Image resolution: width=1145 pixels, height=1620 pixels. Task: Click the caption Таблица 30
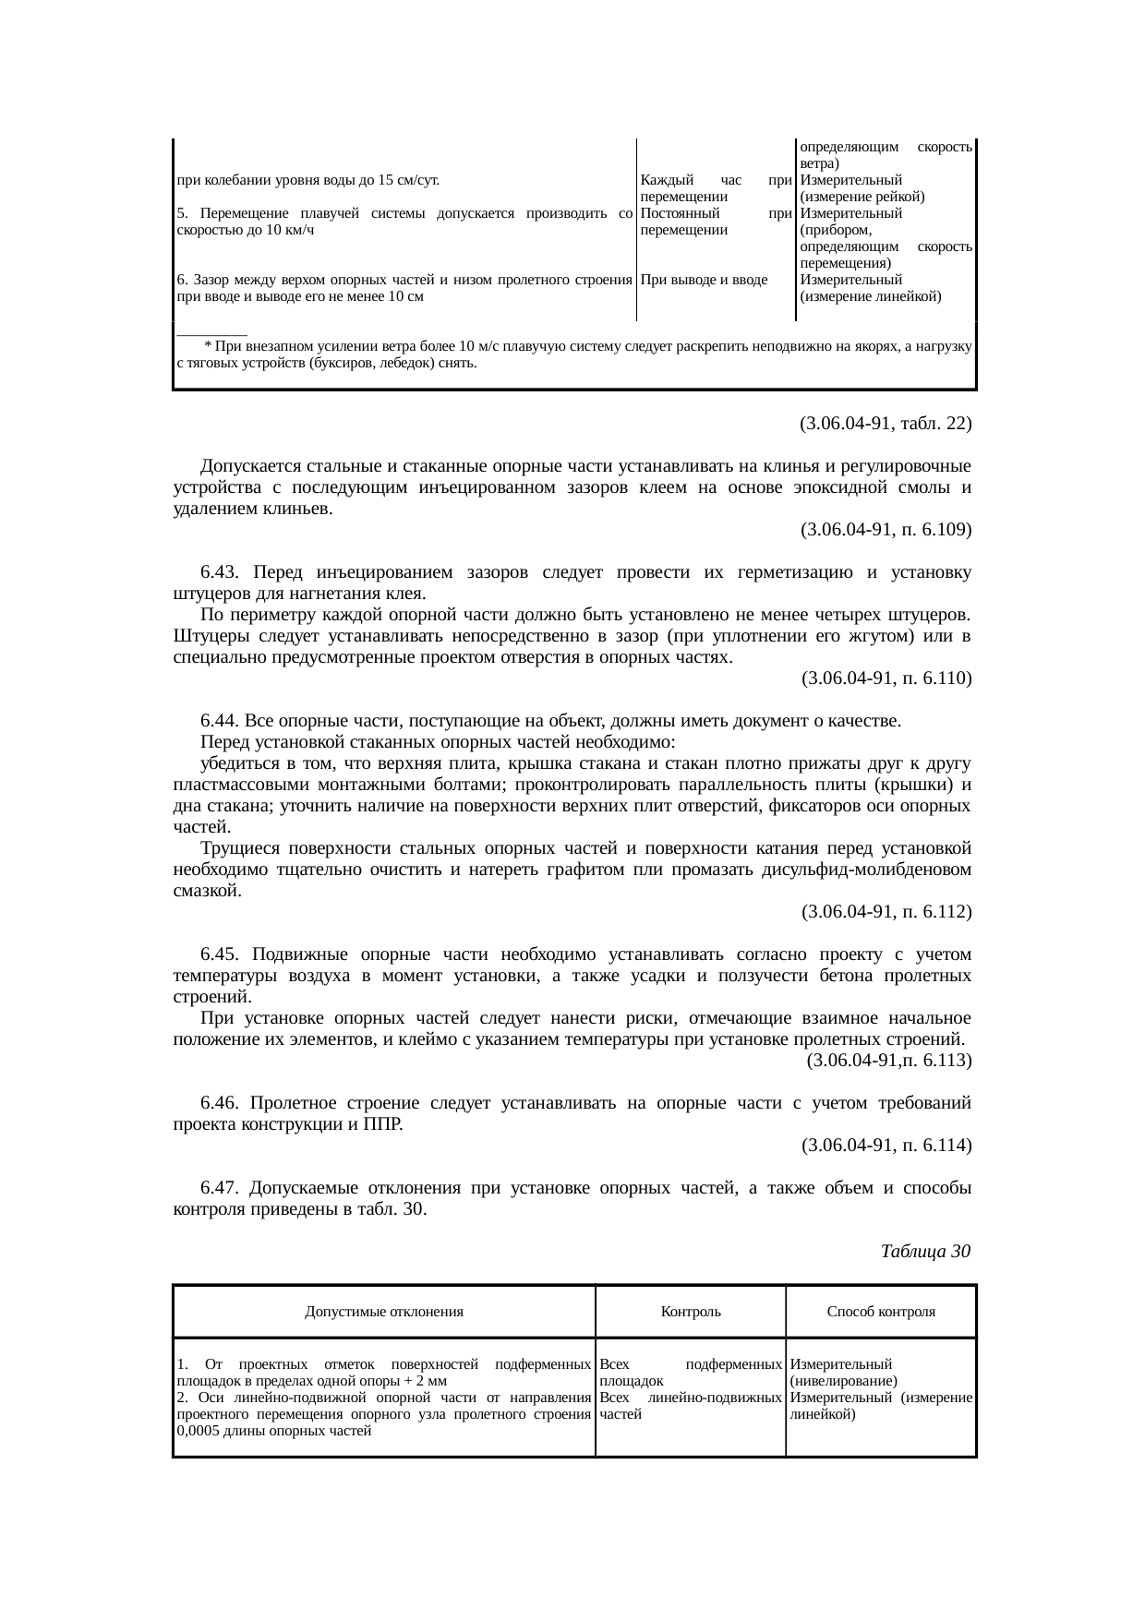tap(924, 1252)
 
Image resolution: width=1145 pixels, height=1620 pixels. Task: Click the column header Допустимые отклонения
tap(384, 1311)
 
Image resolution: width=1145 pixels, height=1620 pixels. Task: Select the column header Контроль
tap(691, 1311)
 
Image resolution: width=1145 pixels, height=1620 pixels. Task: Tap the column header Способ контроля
tap(881, 1311)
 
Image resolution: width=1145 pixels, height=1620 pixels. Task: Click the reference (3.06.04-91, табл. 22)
tap(885, 424)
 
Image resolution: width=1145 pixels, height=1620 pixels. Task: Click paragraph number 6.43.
tap(221, 572)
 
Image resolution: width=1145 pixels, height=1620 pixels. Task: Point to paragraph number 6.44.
tap(221, 720)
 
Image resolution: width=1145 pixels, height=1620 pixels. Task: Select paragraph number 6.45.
tap(221, 954)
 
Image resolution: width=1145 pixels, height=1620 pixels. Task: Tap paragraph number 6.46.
tap(221, 1103)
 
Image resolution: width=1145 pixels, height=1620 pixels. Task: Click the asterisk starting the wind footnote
tap(208, 346)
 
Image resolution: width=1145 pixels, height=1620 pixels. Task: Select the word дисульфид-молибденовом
tap(866, 870)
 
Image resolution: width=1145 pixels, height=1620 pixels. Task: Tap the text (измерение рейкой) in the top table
tap(862, 197)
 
